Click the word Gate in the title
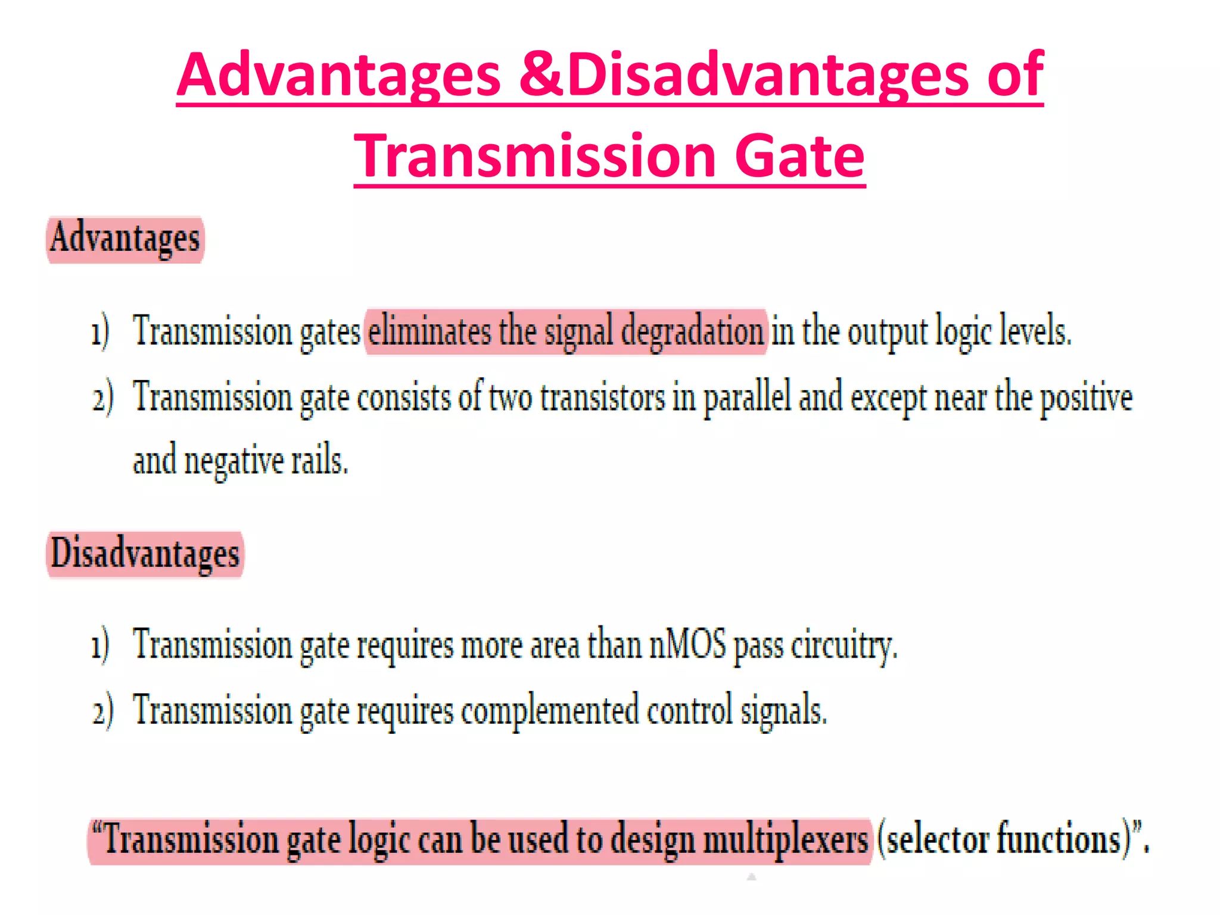pyautogui.click(x=799, y=156)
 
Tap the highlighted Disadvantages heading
pyautogui.click(x=145, y=554)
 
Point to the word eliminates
pyautogui.click(x=430, y=331)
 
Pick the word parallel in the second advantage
pyautogui.click(x=748, y=398)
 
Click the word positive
pyautogui.click(x=1086, y=398)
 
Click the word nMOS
pyautogui.click(x=687, y=645)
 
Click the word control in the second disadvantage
pyautogui.click(x=690, y=710)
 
